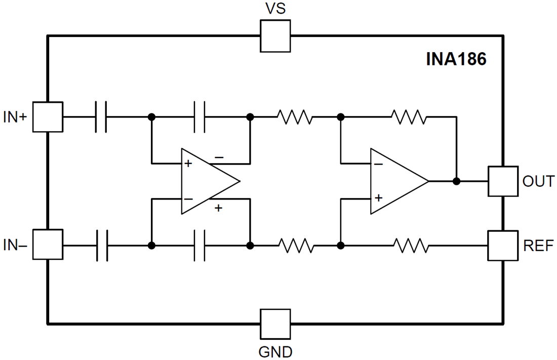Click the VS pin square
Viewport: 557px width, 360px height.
[x=275, y=36]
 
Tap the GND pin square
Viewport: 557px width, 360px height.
[x=275, y=324]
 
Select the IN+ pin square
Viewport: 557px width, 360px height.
[x=47, y=116]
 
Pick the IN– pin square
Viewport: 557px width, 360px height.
[x=47, y=245]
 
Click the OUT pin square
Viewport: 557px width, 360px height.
[x=503, y=181]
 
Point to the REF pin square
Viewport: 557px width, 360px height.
[x=503, y=246]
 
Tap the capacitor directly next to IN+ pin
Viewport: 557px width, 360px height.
[x=101, y=116]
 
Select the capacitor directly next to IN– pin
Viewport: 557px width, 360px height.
[x=101, y=246]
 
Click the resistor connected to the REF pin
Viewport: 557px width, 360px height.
[x=411, y=246]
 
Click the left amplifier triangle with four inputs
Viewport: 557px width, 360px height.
[x=208, y=181]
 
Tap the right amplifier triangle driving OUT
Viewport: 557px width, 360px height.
[x=397, y=181]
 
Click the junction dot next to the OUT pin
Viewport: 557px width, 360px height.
[x=456, y=181]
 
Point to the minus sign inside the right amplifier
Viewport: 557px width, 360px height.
[x=378, y=164]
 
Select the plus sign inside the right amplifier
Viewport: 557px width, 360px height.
[x=378, y=197]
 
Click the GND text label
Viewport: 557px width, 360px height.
[x=275, y=351]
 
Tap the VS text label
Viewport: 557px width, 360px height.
[x=275, y=9]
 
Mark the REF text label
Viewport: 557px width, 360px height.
[x=538, y=246]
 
